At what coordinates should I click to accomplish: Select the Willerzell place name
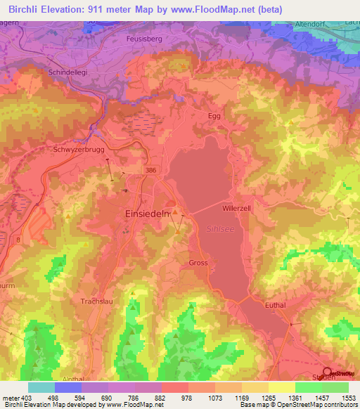coord(237,209)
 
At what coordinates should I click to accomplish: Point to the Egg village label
coord(214,116)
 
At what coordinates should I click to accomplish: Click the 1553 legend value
coord(349,398)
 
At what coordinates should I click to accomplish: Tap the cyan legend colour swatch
coord(41,387)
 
